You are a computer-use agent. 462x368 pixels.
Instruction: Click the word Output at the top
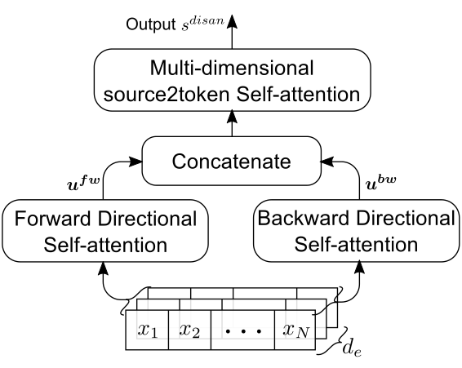click(150, 24)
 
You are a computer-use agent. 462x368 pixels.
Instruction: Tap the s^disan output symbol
click(202, 24)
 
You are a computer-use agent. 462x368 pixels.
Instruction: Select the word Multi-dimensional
click(232, 68)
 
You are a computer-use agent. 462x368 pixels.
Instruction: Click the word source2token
click(167, 95)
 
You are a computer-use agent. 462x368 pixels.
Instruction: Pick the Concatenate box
click(232, 161)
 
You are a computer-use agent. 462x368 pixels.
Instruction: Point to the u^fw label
click(84, 183)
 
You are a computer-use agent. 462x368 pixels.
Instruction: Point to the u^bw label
click(380, 183)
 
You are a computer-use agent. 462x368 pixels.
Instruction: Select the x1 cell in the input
click(147, 330)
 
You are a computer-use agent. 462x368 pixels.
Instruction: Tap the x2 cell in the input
click(189, 330)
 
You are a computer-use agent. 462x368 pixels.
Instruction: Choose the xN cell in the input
click(295, 330)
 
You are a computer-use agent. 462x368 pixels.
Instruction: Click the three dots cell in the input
click(242, 330)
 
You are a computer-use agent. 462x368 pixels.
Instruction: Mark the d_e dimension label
click(352, 349)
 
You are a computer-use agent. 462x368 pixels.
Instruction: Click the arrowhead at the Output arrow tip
click(232, 21)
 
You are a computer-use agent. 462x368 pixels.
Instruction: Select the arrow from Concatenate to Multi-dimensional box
click(232, 123)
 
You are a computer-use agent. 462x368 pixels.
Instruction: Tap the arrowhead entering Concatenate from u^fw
click(135, 162)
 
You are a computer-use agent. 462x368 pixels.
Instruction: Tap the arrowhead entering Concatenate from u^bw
click(327, 162)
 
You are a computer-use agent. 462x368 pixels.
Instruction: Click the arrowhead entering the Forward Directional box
click(103, 268)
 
